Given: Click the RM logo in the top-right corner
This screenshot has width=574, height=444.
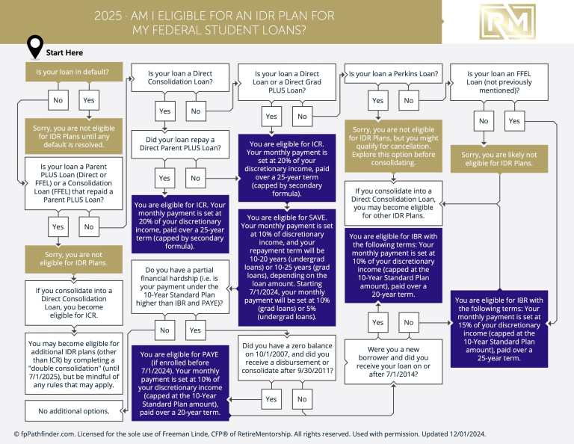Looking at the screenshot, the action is pyautogui.click(x=507, y=22).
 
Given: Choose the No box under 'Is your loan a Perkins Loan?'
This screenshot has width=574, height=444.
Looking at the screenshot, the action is pyautogui.click(x=408, y=100).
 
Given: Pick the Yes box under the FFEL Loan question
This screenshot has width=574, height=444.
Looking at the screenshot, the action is pyautogui.click(x=513, y=120).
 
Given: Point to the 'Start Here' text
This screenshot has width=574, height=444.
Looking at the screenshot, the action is pyautogui.click(x=64, y=53).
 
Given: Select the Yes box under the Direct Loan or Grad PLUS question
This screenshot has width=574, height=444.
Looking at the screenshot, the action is pyautogui.click(x=271, y=116).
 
